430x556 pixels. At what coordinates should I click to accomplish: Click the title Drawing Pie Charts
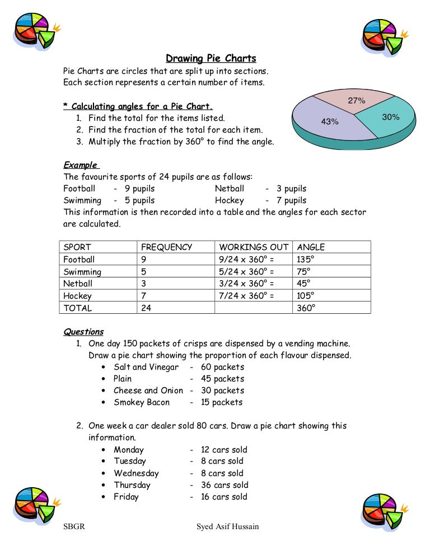pyautogui.click(x=211, y=59)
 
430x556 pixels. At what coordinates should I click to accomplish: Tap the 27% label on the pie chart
pyautogui.click(x=357, y=101)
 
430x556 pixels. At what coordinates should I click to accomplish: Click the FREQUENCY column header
pyautogui.click(x=166, y=247)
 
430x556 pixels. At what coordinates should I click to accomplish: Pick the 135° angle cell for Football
pyautogui.click(x=306, y=259)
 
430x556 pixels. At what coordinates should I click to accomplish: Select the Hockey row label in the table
pyautogui.click(x=77, y=296)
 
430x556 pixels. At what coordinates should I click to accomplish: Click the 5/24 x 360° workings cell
pyautogui.click(x=246, y=271)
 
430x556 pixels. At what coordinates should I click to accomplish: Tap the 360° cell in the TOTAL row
pyautogui.click(x=306, y=308)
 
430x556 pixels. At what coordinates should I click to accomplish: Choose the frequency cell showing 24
pyautogui.click(x=146, y=308)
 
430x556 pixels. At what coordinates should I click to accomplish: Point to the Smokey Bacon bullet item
pyautogui.click(x=141, y=402)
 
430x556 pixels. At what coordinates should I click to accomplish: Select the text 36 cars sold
pyautogui.click(x=225, y=485)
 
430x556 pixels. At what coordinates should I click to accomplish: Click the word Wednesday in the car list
pyautogui.click(x=136, y=473)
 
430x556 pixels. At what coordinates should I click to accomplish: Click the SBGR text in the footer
pyautogui.click(x=74, y=526)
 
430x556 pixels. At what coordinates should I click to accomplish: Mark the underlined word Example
pyautogui.click(x=80, y=165)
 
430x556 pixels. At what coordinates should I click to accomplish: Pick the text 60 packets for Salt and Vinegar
pyautogui.click(x=222, y=367)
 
